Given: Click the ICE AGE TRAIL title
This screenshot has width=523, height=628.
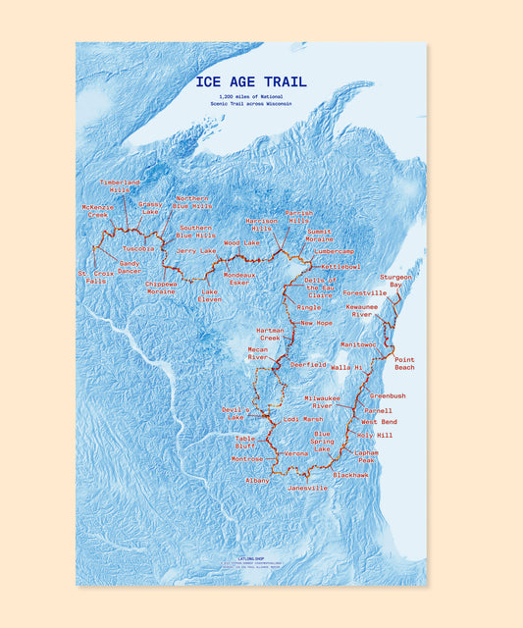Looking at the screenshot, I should click(x=251, y=82).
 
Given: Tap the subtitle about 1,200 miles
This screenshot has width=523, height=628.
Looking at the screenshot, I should click(x=251, y=100).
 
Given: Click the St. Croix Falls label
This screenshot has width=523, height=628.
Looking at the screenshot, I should click(x=95, y=277).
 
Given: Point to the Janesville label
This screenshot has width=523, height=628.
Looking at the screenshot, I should click(x=307, y=488).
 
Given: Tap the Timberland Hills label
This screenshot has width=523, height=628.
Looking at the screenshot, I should click(x=120, y=185).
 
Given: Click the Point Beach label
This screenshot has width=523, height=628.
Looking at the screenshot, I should click(x=404, y=363).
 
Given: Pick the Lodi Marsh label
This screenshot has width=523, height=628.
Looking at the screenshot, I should click(x=303, y=419).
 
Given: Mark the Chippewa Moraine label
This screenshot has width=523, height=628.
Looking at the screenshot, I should click(x=162, y=288).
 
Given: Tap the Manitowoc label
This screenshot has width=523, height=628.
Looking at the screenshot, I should click(x=358, y=344).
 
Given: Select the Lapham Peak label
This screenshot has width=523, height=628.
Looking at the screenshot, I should click(x=366, y=455).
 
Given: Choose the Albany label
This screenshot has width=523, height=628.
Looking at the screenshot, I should click(x=257, y=481).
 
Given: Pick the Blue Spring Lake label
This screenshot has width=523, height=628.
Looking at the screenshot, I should click(x=322, y=441).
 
